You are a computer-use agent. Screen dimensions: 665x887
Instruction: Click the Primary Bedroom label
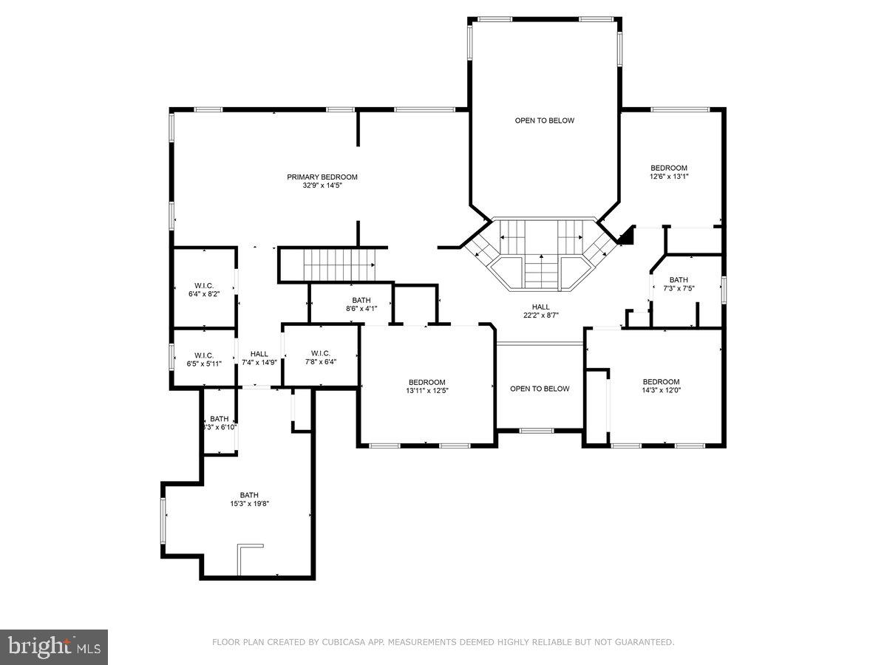click(x=322, y=177)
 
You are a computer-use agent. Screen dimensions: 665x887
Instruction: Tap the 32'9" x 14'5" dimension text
click(x=322, y=185)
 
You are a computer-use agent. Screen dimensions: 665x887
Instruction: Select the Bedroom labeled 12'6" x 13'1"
click(x=668, y=168)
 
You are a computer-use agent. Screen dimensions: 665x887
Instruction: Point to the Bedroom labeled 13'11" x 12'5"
click(x=426, y=382)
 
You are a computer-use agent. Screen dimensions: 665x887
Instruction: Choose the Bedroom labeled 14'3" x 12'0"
click(x=661, y=382)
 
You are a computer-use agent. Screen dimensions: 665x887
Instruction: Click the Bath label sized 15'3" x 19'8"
click(x=249, y=495)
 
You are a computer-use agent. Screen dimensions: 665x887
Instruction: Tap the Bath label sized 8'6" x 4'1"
click(x=361, y=300)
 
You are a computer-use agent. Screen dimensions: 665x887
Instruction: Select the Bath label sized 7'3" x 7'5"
click(x=678, y=279)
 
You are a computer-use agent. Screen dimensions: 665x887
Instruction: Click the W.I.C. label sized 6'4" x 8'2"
click(x=204, y=285)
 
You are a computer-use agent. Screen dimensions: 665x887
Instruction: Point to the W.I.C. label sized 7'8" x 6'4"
click(x=320, y=353)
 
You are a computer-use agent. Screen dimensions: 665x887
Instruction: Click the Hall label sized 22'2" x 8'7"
click(x=540, y=307)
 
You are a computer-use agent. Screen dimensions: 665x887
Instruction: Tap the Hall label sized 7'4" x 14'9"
click(x=259, y=354)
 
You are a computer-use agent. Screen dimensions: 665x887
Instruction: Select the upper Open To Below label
click(x=544, y=120)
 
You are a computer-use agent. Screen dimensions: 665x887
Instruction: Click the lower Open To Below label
click(x=540, y=389)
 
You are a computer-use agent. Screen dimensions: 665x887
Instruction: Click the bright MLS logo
click(x=54, y=647)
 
